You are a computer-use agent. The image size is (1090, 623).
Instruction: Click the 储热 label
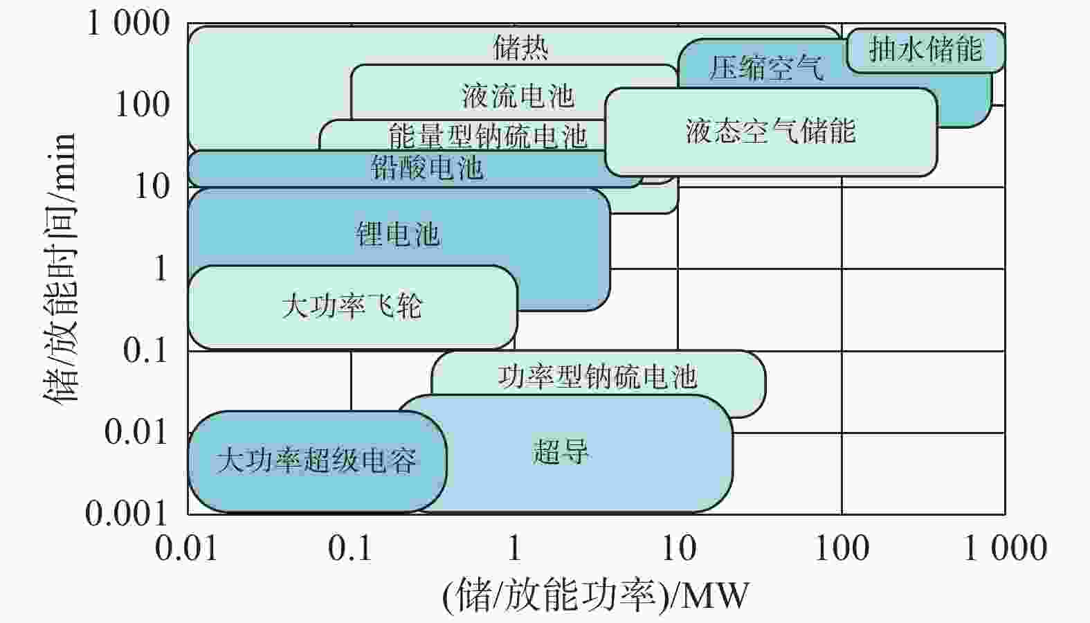pos(520,48)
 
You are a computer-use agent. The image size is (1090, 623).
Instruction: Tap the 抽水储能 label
pos(925,48)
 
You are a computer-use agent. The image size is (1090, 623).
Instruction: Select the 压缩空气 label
pos(766,67)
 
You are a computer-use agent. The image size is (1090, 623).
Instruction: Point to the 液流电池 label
pos(518,96)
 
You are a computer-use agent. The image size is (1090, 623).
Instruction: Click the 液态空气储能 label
pos(771,131)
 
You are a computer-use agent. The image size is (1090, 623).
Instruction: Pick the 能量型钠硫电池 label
pos(488,136)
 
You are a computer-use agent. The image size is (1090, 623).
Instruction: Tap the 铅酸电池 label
pos(427,168)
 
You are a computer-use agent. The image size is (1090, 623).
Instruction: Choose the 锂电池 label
pos(397,235)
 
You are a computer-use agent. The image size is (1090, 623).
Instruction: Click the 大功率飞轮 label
pos(352,306)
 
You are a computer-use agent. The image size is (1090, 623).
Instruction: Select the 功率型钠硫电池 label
pos(597,377)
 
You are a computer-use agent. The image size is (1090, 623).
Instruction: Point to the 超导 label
pos(561,451)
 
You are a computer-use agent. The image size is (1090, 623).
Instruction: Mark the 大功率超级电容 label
pos(316,460)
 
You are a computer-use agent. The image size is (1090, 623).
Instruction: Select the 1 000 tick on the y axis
pos(129,23)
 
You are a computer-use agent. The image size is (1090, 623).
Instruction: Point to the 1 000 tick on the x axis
pos(1006,548)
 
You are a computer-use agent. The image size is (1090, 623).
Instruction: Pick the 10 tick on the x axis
pos(679,548)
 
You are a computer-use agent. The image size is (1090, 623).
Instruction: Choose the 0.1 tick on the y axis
pos(145,350)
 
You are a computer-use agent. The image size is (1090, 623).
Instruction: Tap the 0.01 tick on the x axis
pos(186,548)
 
